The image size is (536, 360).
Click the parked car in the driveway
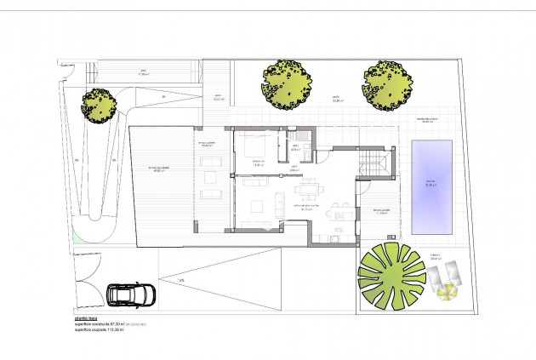pyautogui.click(x=130, y=294)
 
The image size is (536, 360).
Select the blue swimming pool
pyautogui.click(x=431, y=187)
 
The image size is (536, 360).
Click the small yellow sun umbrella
pyautogui.click(x=446, y=294)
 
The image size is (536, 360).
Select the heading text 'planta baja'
pyautogui.click(x=88, y=317)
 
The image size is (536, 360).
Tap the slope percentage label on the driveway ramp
pyautogui.click(x=180, y=281)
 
